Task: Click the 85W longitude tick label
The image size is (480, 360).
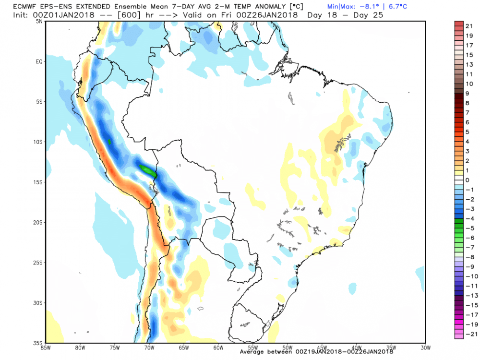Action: (47, 347)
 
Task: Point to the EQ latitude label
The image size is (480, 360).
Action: (39, 61)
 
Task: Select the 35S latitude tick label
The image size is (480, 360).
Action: (38, 343)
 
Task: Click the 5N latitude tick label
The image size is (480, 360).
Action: (39, 21)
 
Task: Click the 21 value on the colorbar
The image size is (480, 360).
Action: (469, 25)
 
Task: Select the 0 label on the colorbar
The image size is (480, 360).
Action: (468, 180)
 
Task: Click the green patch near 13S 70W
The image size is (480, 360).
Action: (148, 169)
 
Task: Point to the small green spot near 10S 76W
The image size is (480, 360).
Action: (109, 142)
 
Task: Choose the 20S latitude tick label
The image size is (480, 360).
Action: (38, 222)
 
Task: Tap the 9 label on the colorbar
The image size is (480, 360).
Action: (468, 93)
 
